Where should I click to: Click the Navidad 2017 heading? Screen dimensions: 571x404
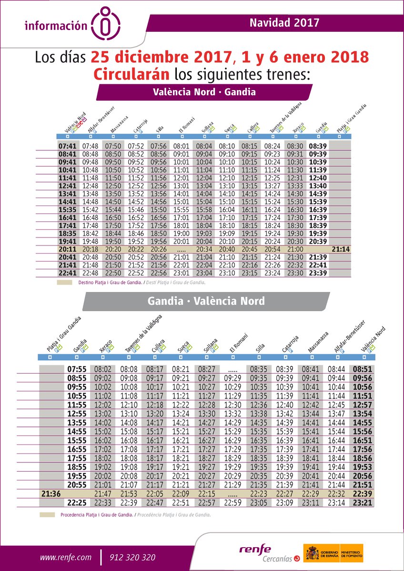[x=284, y=22]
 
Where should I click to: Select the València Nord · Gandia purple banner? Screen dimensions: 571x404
[x=204, y=92]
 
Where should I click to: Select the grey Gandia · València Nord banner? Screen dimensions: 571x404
[x=206, y=301]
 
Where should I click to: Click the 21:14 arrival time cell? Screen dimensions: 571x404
[x=341, y=249]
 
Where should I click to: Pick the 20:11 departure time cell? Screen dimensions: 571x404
[x=67, y=249]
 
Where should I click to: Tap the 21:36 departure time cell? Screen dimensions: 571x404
[x=51, y=494]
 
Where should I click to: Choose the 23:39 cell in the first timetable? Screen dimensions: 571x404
[x=318, y=273]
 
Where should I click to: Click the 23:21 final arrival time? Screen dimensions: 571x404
[x=374, y=502]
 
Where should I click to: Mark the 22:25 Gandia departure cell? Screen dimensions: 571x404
[x=76, y=502]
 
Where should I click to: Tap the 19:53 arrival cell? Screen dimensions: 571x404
[x=374, y=467]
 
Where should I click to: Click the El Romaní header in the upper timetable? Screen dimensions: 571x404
[x=184, y=128]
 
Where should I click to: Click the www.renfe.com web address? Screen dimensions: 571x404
[x=65, y=557]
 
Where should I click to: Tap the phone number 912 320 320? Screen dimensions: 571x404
[x=132, y=557]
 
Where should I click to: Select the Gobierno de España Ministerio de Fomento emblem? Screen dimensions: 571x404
[x=333, y=553]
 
